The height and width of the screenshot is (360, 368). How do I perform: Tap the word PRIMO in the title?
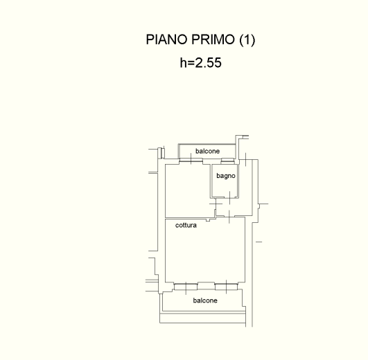point(213,39)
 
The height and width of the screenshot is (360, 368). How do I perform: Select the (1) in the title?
point(247,40)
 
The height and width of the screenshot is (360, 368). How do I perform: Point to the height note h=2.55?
point(201,62)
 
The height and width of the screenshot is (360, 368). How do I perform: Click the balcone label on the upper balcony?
point(208,151)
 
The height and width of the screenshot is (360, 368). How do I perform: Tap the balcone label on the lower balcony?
point(205,300)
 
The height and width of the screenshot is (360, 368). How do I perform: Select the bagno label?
point(226,176)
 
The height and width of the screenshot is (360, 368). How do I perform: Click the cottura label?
point(186,225)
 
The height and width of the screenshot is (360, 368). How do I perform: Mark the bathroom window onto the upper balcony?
point(227,161)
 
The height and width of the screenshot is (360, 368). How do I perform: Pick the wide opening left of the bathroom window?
point(191,161)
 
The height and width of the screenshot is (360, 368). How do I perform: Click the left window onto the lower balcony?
point(186,287)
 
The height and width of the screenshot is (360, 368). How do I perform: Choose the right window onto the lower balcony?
point(226,287)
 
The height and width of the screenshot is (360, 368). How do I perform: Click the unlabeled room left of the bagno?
point(188,191)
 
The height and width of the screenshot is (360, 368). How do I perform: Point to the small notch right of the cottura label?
point(208,220)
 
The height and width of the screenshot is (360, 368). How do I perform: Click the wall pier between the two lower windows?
point(206,286)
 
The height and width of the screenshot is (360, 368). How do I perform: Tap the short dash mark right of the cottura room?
point(259,242)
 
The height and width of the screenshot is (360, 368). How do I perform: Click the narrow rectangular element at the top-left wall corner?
point(161,152)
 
